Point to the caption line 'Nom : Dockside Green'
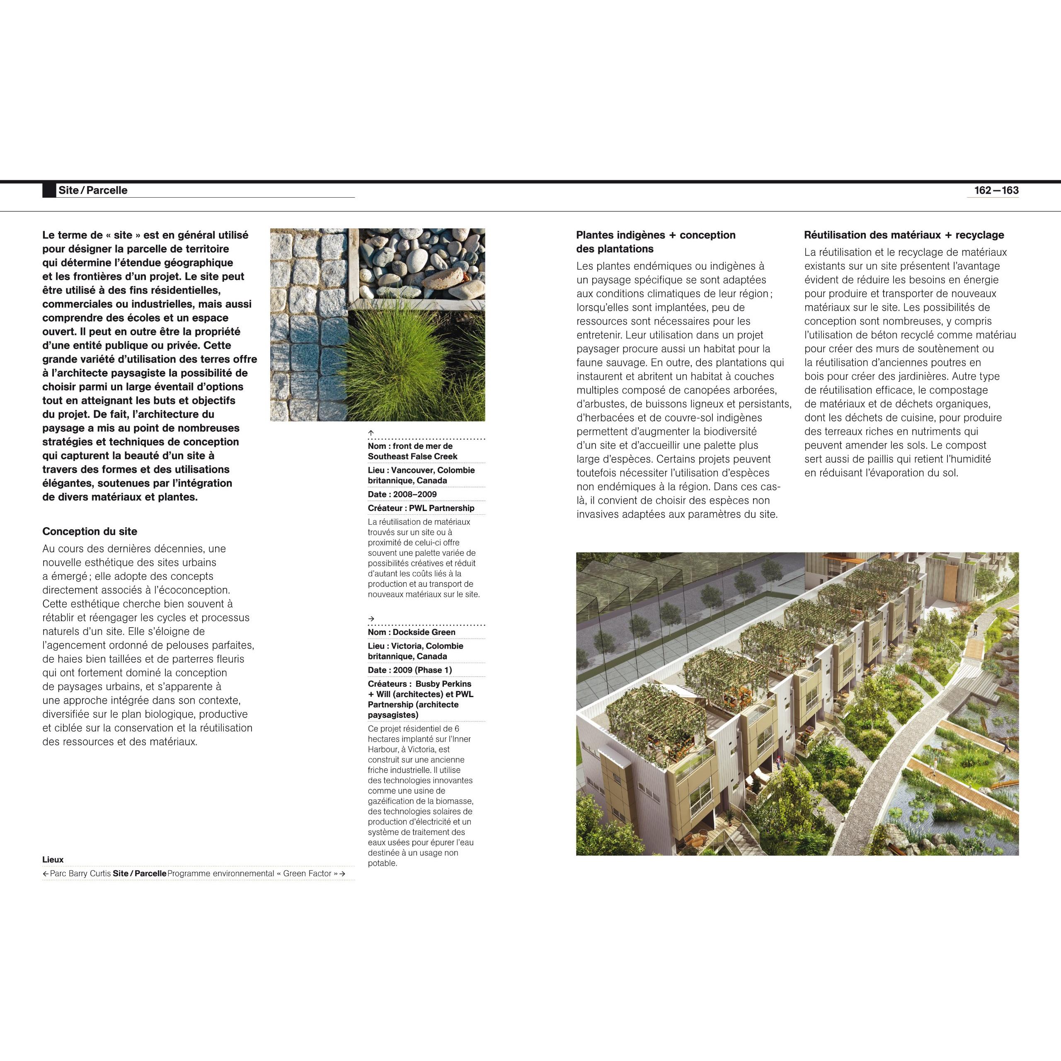pos(411,632)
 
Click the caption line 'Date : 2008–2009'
pos(402,494)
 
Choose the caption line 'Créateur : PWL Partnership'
pos(421,508)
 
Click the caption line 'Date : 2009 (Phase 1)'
pos(409,670)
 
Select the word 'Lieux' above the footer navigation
pos(53,860)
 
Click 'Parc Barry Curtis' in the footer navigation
pos(80,873)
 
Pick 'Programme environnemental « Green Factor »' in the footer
pos(253,873)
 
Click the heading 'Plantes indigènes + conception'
pos(656,235)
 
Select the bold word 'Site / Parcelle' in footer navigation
pos(140,873)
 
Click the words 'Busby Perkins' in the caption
pos(443,684)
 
